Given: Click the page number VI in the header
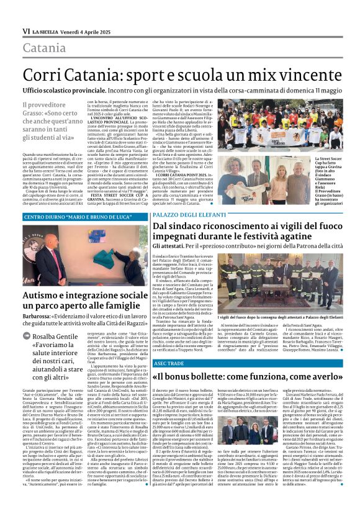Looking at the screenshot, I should tap(26, 30).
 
